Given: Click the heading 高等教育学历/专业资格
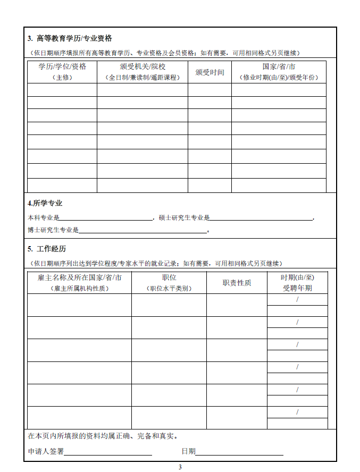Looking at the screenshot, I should pos(74,38).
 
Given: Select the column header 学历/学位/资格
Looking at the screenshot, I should pos(62,67).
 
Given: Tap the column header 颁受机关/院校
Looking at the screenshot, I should pos(143,67).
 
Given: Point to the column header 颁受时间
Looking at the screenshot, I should pos(210,72).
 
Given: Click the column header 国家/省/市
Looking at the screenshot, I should pos(279,67).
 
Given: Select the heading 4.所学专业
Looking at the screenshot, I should pos(45,203).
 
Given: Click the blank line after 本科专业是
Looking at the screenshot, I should pos(106,217).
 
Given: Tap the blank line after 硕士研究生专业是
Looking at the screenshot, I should pos(262,217).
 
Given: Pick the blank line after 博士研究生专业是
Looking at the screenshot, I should pos(143,230).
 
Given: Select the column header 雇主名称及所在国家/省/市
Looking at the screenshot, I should pos(80,277).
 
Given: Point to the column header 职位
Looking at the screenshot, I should pos(169,277).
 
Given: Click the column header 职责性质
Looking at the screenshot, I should pos(237,283).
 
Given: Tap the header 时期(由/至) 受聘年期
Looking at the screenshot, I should pos(297,283).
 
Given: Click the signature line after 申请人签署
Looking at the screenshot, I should pos(108,452).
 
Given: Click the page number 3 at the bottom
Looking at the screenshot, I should pos(180,467).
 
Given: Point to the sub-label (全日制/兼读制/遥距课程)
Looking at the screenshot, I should pos(143,78).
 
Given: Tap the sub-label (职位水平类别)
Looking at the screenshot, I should pos(169,289).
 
